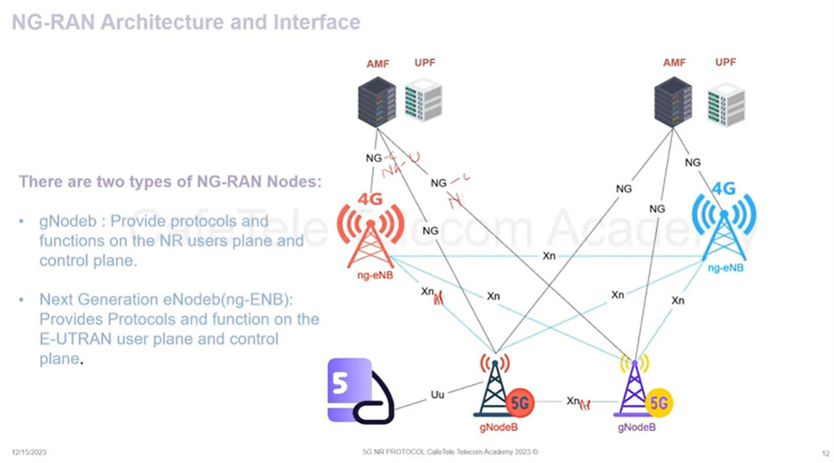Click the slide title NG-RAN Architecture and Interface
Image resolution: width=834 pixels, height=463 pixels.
[185, 22]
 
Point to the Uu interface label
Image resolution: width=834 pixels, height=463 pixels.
[438, 395]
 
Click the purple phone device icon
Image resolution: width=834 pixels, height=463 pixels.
[356, 391]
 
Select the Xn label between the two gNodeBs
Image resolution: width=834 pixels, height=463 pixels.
[573, 401]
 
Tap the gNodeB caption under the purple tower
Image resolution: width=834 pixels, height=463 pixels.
[637, 428]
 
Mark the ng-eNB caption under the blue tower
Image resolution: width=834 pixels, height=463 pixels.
[725, 267]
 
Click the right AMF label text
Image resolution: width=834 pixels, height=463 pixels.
[674, 62]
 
